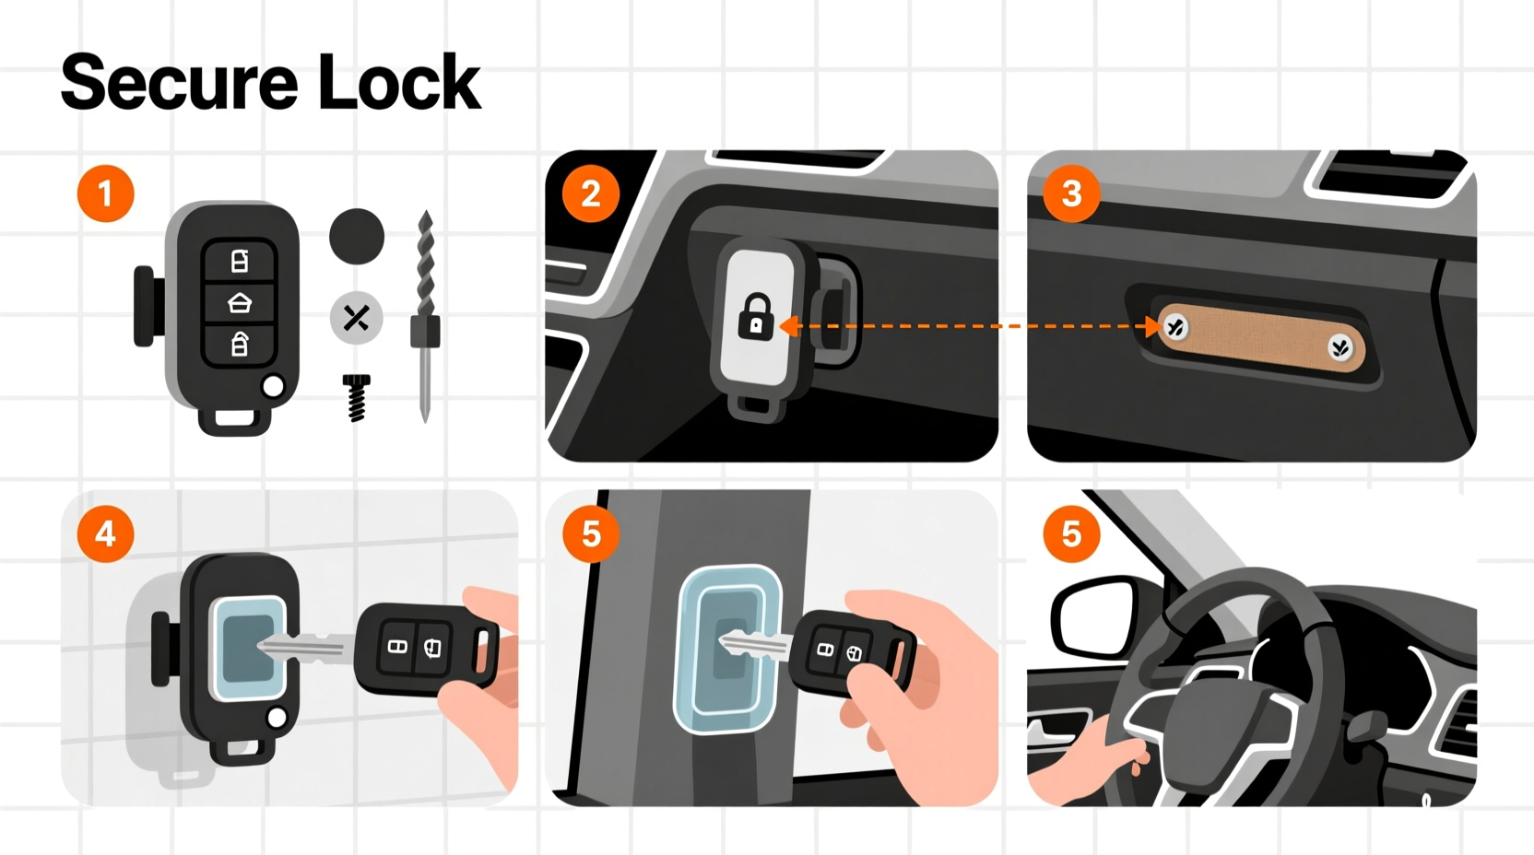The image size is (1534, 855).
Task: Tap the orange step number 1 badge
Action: [x=105, y=193]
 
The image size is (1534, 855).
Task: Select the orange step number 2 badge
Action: [x=591, y=193]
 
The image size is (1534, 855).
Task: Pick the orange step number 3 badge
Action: [x=1071, y=193]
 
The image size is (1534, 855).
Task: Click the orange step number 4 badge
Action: [x=105, y=533]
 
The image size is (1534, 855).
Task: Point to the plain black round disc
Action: [x=357, y=236]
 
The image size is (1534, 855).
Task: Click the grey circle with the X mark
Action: [x=356, y=318]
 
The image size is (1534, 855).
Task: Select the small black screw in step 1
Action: [x=357, y=396]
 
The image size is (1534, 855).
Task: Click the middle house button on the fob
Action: [x=239, y=302]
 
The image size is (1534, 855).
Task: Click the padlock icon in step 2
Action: [x=756, y=316]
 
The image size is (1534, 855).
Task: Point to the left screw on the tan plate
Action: [x=1175, y=326]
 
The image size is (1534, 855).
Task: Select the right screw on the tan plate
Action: [x=1339, y=347]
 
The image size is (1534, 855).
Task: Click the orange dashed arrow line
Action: [x=968, y=326]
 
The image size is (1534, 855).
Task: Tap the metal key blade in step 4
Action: [x=304, y=648]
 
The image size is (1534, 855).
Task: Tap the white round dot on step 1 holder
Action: [x=273, y=387]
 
